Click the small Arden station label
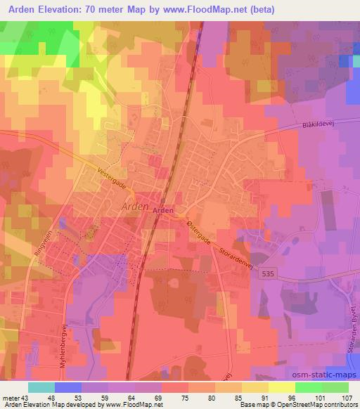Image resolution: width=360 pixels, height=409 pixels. pos(162,209)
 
